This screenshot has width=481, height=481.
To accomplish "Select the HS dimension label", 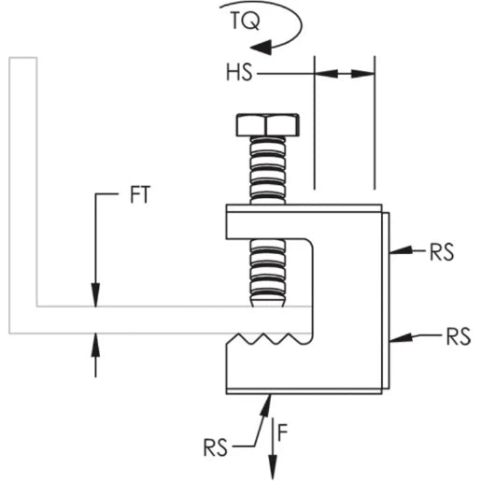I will pos(238,72).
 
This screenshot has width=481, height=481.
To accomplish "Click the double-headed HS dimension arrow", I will pos(345,72).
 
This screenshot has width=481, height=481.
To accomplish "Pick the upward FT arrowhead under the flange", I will pos(95,344).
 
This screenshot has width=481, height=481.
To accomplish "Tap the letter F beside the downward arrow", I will pos(290,433).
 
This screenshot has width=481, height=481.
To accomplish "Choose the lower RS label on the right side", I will pos(457,336).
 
